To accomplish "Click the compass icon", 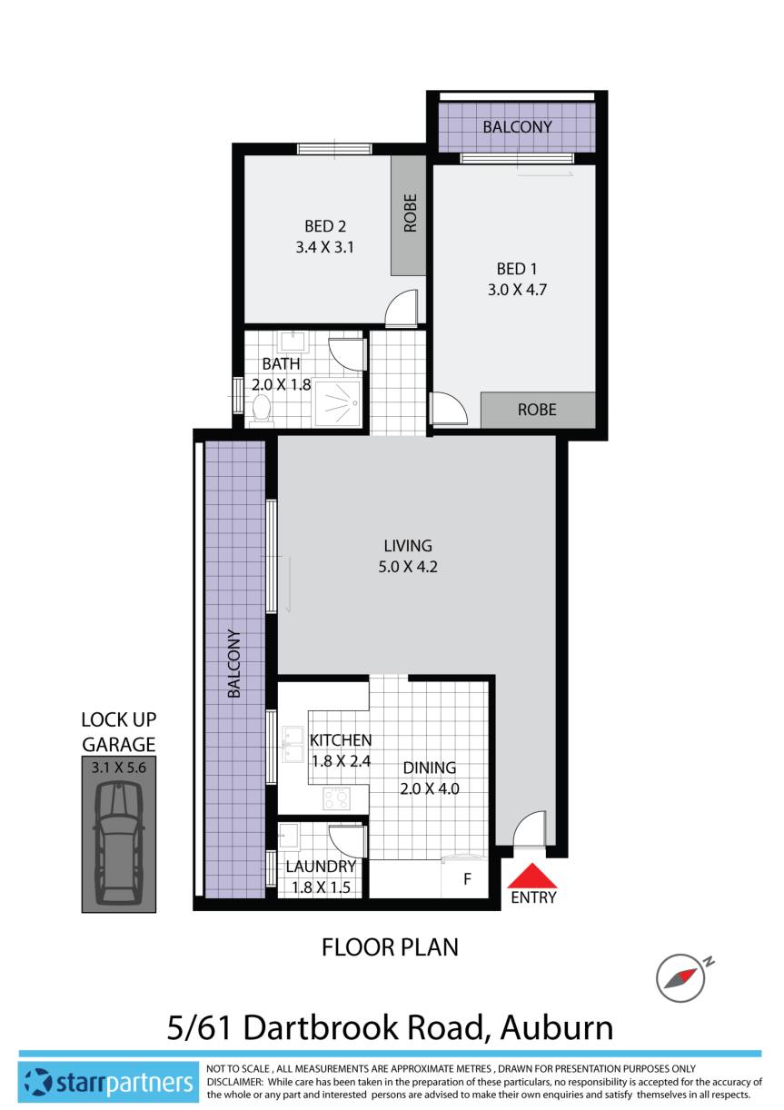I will click(680, 977).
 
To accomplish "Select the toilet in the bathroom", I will click(262, 408).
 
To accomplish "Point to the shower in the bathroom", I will click(337, 401).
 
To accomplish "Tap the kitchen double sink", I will click(293, 747).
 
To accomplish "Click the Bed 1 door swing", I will click(447, 408).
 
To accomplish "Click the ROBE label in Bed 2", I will click(410, 213).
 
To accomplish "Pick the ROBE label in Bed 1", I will click(537, 410).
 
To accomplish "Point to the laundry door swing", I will click(346, 840).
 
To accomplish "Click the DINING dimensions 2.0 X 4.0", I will click(430, 788).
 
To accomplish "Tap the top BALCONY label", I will click(517, 127).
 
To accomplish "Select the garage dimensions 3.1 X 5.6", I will click(118, 767).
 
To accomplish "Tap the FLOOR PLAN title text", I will click(390, 947).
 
